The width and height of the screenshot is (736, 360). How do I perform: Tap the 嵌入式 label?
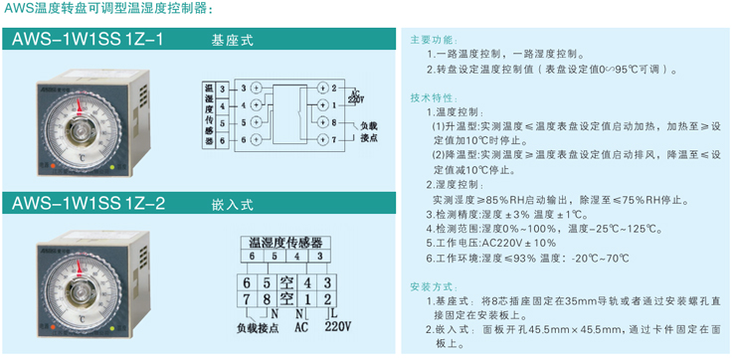point(233,204)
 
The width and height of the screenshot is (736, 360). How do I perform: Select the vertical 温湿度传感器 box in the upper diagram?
point(209,113)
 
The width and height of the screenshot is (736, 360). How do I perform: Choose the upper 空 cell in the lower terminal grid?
point(286,281)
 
